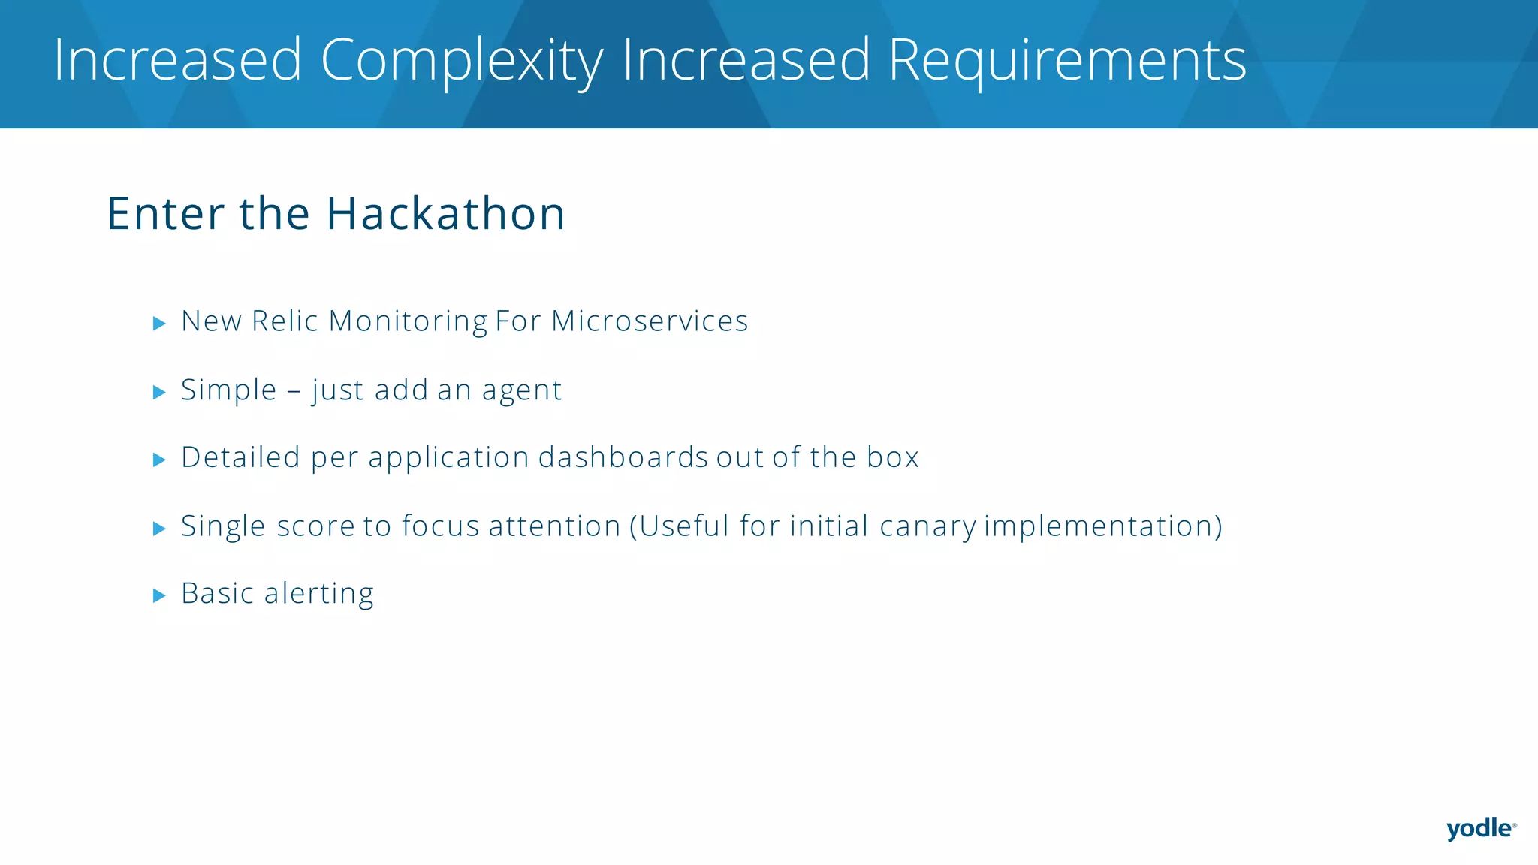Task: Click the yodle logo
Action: (x=1479, y=829)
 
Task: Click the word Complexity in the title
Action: (x=461, y=60)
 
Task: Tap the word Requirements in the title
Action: (x=1066, y=60)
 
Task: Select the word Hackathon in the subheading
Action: (x=445, y=213)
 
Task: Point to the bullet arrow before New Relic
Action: (x=159, y=324)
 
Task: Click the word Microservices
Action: (x=650, y=321)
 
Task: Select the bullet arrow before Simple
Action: (x=159, y=392)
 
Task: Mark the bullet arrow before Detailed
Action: (x=159, y=460)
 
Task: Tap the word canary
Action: (x=928, y=526)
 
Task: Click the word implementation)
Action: (x=1102, y=526)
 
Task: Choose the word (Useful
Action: (x=680, y=526)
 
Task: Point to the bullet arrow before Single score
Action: (x=159, y=529)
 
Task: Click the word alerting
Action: (x=318, y=594)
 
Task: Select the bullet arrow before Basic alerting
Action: (x=159, y=596)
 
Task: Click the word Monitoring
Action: (x=408, y=321)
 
